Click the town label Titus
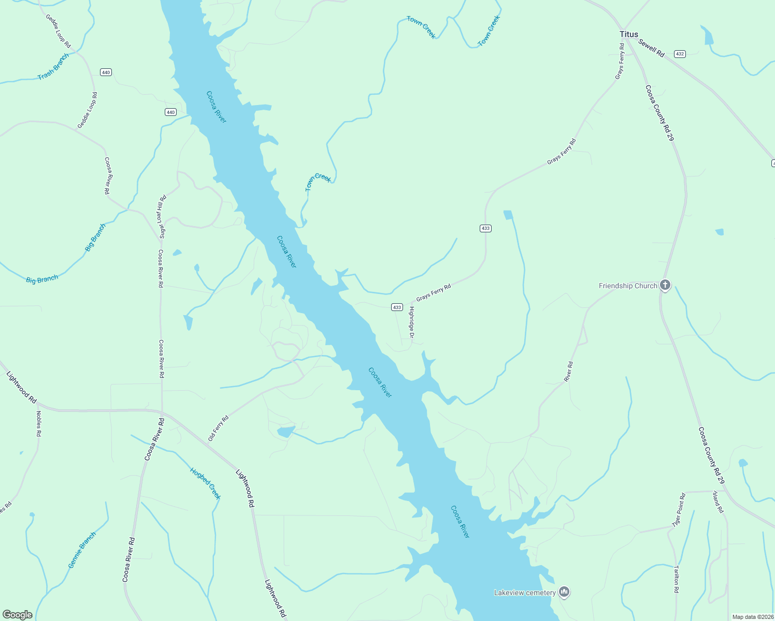click(629, 34)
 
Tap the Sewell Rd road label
click(651, 48)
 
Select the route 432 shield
click(680, 54)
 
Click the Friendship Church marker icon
click(665, 285)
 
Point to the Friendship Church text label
click(628, 286)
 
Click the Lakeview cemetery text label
click(525, 593)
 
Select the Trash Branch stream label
click(53, 67)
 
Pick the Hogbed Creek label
click(205, 483)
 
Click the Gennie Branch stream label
click(82, 550)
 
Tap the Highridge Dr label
click(412, 323)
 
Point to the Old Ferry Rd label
click(218, 428)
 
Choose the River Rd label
click(568, 372)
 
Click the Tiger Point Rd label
click(679, 510)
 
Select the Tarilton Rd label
click(676, 579)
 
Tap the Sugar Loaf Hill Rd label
click(162, 216)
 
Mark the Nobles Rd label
click(38, 424)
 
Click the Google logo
click(18, 615)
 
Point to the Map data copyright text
click(752, 617)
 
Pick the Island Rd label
click(717, 502)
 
